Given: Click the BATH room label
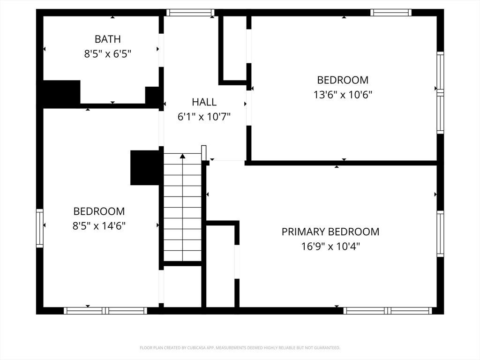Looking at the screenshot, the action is (107, 39).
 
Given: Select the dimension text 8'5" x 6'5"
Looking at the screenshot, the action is (107, 54).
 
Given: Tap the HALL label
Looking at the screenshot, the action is (204, 102).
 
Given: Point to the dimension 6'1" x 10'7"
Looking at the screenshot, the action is (204, 117).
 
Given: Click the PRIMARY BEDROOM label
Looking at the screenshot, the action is (330, 232).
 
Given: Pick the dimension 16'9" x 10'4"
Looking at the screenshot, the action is (330, 247).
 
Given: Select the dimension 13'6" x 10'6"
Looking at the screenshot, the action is (343, 95).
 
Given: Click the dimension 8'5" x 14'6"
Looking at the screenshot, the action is (99, 226).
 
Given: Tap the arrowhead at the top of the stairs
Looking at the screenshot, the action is (183, 156).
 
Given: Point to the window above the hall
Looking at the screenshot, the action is (190, 13).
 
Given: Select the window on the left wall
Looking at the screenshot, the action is (40, 228).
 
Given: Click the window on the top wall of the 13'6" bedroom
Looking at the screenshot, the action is (391, 13).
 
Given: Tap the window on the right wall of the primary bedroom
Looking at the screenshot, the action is (440, 233).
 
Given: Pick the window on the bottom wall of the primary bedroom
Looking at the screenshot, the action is (388, 311).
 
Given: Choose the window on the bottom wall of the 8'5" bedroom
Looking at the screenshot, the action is (105, 311).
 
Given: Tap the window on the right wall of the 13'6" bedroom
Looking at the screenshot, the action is (440, 92).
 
